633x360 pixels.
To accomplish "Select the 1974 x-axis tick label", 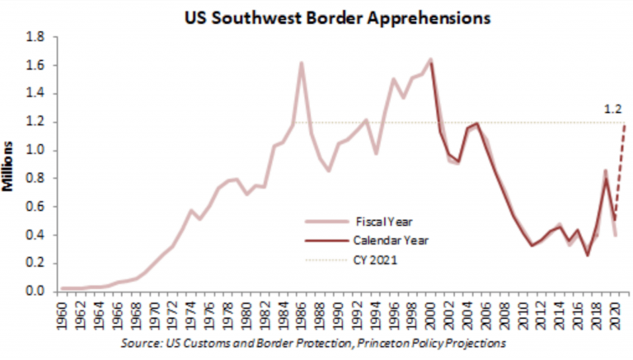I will coord(191,315).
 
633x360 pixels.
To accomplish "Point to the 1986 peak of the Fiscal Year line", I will coord(301,63).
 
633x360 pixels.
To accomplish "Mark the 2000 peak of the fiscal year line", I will coord(429,59).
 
